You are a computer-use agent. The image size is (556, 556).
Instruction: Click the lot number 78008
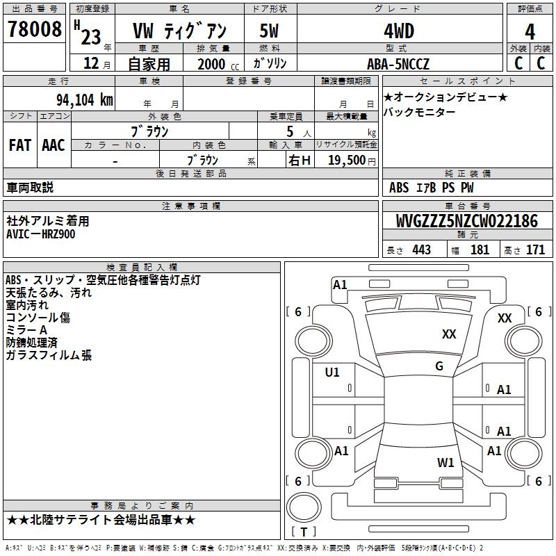(34, 29)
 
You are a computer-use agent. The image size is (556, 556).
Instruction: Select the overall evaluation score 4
(530, 32)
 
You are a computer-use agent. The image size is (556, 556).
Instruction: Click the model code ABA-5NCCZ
(398, 64)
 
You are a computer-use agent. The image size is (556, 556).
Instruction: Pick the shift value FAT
(20, 145)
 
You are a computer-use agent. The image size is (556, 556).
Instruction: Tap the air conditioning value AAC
(54, 145)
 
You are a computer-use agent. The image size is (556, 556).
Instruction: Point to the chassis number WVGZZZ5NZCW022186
(466, 222)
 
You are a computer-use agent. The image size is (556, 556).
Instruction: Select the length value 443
(420, 250)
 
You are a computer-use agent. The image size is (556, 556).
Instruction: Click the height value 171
(534, 250)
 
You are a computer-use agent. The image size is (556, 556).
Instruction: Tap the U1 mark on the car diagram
(332, 373)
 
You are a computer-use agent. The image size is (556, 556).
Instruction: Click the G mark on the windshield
(439, 366)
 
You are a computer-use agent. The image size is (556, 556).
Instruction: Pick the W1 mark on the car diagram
(445, 462)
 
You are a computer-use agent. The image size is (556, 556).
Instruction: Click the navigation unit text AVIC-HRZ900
(41, 234)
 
